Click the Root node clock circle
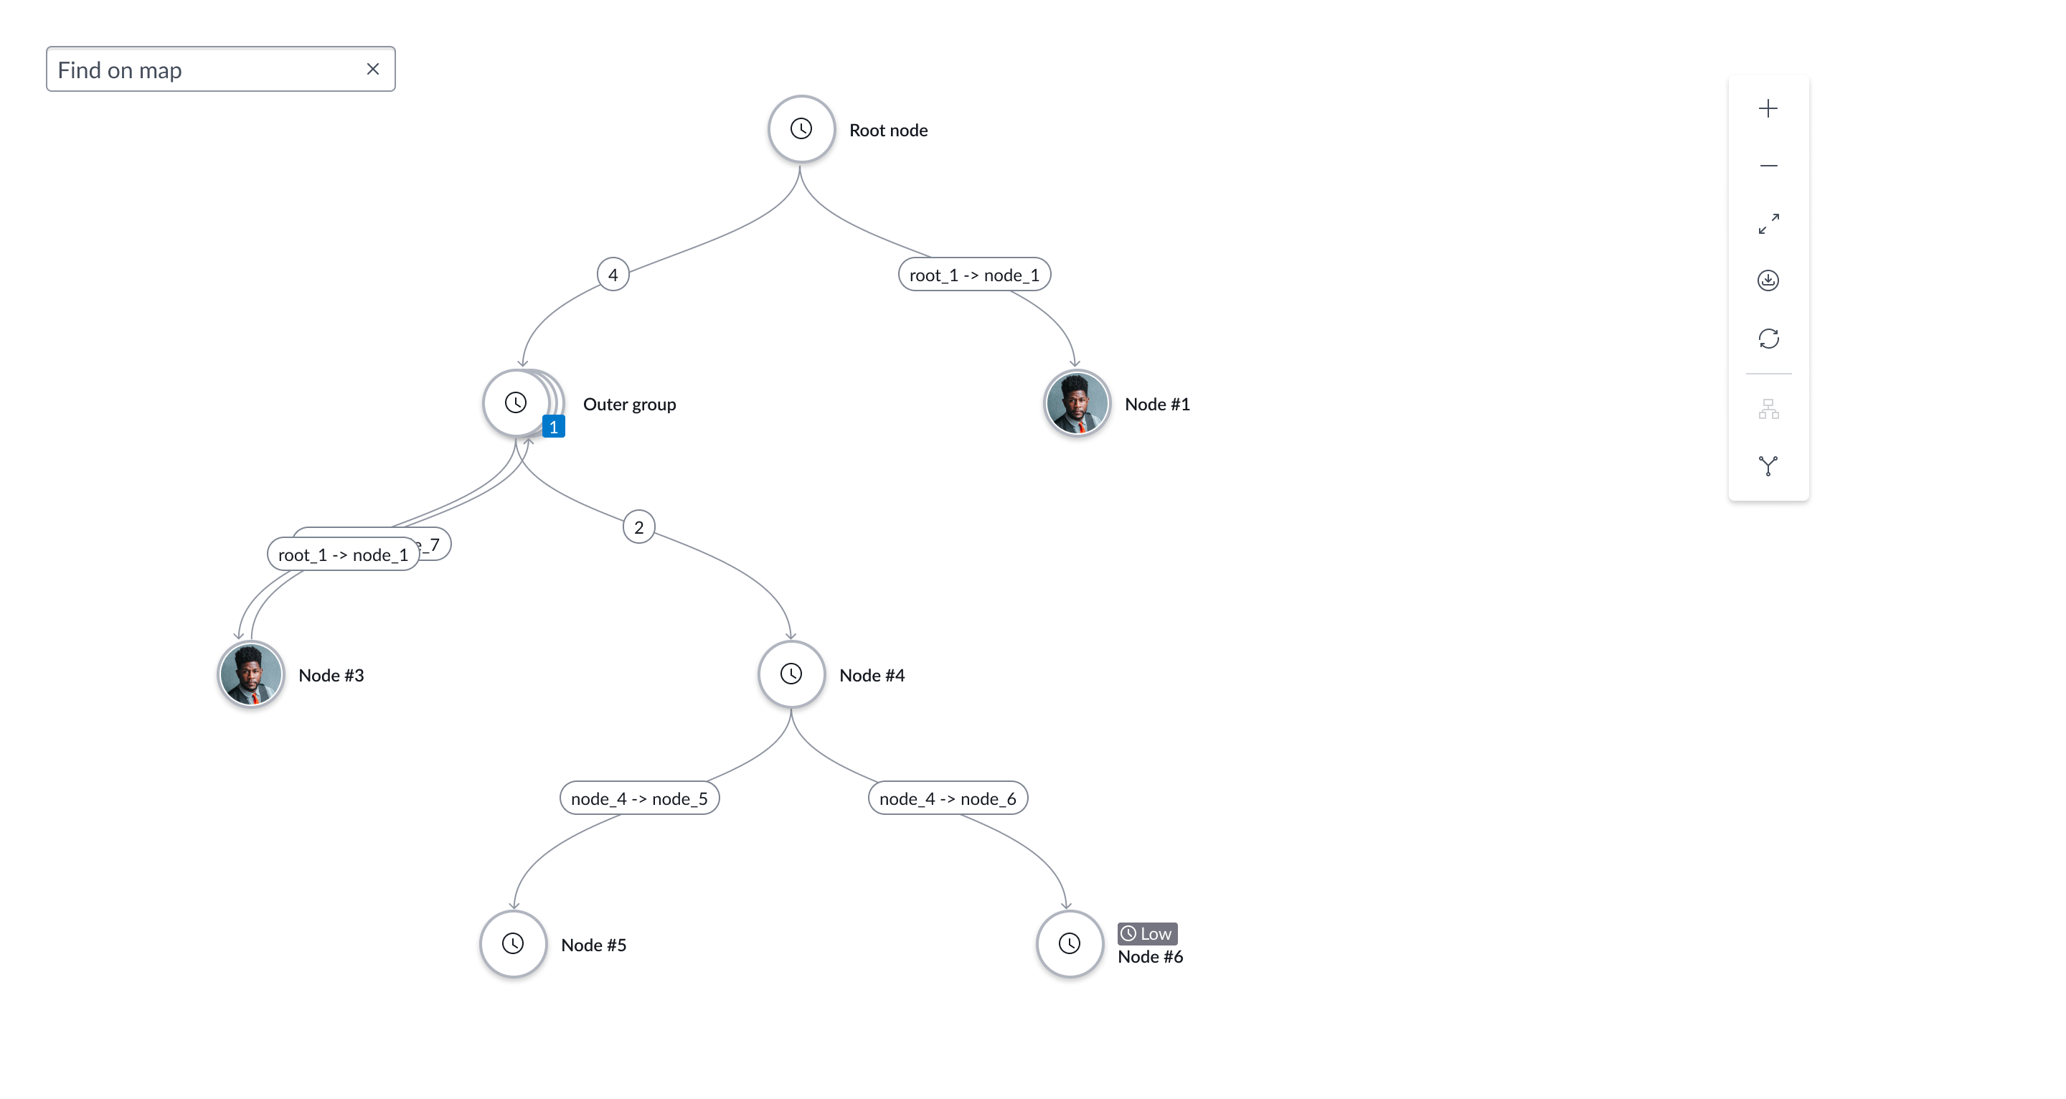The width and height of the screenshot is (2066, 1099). [801, 129]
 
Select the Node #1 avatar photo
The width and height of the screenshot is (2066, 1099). [1076, 402]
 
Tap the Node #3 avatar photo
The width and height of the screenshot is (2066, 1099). [250, 674]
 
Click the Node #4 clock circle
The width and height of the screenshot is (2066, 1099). [791, 674]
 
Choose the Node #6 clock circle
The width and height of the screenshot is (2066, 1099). [1069, 943]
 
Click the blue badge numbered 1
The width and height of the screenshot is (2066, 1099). [553, 427]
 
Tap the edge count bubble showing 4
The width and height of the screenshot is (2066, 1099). [613, 274]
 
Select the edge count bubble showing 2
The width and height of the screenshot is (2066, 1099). [638, 527]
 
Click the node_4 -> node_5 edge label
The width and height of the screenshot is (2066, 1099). [639, 798]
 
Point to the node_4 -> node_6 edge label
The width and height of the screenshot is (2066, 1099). [947, 798]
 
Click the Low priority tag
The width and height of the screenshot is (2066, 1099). [1147, 933]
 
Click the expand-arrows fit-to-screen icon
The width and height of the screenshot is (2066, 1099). [1768, 223]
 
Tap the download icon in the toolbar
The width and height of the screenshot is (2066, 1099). [1768, 280]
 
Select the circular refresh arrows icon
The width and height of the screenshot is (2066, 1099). [1768, 339]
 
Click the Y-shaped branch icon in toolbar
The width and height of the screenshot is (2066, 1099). [1768, 466]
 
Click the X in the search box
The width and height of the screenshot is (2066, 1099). [373, 69]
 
